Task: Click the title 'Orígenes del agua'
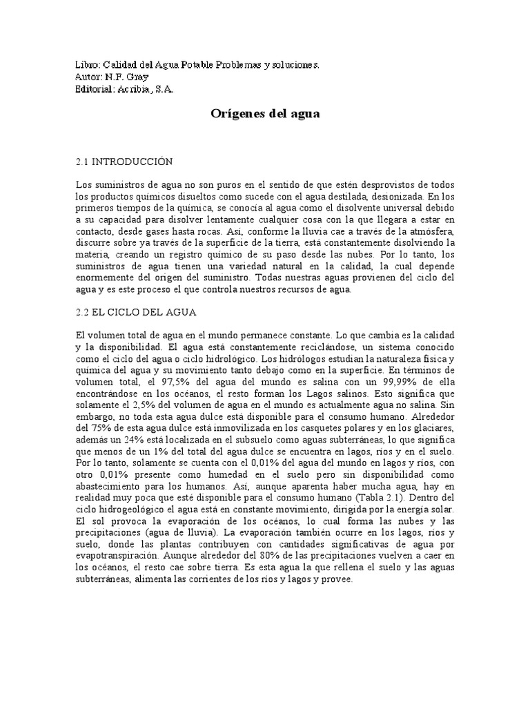pyautogui.click(x=265, y=115)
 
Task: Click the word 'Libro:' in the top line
pyautogui.click(x=88, y=65)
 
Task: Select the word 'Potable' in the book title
pyautogui.click(x=194, y=65)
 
